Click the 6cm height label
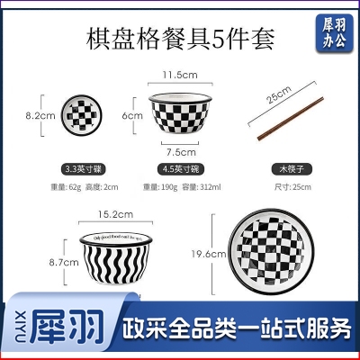(x=132, y=115)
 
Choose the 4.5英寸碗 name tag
(x=178, y=168)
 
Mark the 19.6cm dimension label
(x=215, y=255)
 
